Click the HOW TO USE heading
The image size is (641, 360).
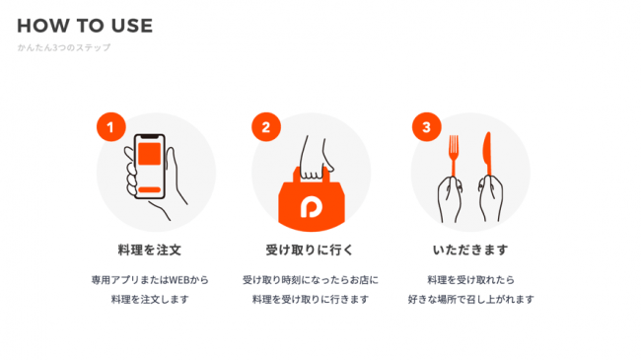tap(85, 26)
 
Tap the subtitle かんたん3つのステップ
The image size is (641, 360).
tap(64, 47)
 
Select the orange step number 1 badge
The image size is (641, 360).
tap(111, 127)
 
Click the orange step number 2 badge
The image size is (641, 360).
tap(266, 127)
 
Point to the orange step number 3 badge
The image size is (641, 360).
tap(427, 127)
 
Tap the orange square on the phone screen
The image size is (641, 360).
tap(149, 154)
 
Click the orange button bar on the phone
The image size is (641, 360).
tap(149, 189)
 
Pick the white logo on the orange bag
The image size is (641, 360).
tap(311, 207)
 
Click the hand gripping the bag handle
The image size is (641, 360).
tap(315, 160)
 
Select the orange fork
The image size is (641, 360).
tap(454, 155)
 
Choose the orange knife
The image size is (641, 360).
tap(488, 154)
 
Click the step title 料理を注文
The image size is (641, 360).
tap(149, 250)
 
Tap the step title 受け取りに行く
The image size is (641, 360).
tap(309, 250)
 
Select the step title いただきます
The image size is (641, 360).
tap(470, 250)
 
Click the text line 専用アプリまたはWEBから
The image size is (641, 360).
tap(150, 280)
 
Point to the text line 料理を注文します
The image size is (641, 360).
tap(150, 300)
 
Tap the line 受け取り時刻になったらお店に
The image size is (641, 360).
tap(311, 280)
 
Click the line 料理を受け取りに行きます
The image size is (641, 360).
tap(311, 300)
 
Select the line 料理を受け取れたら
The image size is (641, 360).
tap(470, 280)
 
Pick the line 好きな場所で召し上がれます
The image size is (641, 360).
tap(470, 300)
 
